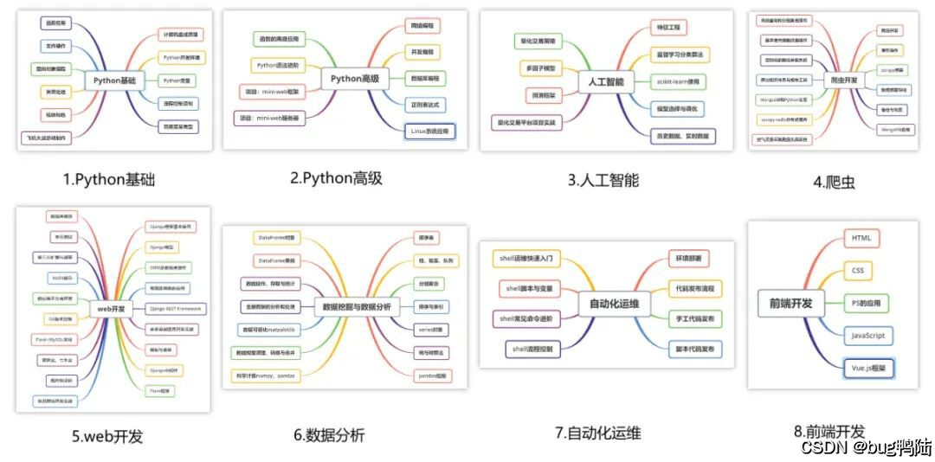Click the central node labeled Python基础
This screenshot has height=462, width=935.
pyautogui.click(x=114, y=80)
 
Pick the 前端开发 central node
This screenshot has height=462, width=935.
pyautogui.click(x=790, y=303)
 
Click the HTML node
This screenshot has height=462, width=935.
pyautogui.click(x=861, y=238)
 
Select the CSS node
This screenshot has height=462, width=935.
pyautogui.click(x=857, y=271)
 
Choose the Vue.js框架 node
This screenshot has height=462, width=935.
pyautogui.click(x=869, y=369)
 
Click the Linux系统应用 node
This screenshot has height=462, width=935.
pyautogui.click(x=427, y=132)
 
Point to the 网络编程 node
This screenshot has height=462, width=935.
pyautogui.click(x=423, y=27)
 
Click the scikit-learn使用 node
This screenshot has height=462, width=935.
pyautogui.click(x=679, y=81)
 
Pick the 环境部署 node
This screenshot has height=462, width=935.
pyautogui.click(x=690, y=259)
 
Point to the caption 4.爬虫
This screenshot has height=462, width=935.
pyautogui.click(x=834, y=182)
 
